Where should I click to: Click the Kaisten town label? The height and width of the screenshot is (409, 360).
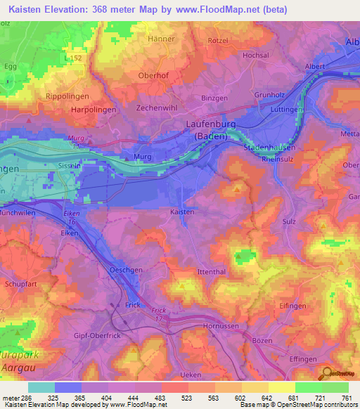coord(182,210)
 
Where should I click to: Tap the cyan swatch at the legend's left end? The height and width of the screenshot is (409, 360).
coord(41,387)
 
